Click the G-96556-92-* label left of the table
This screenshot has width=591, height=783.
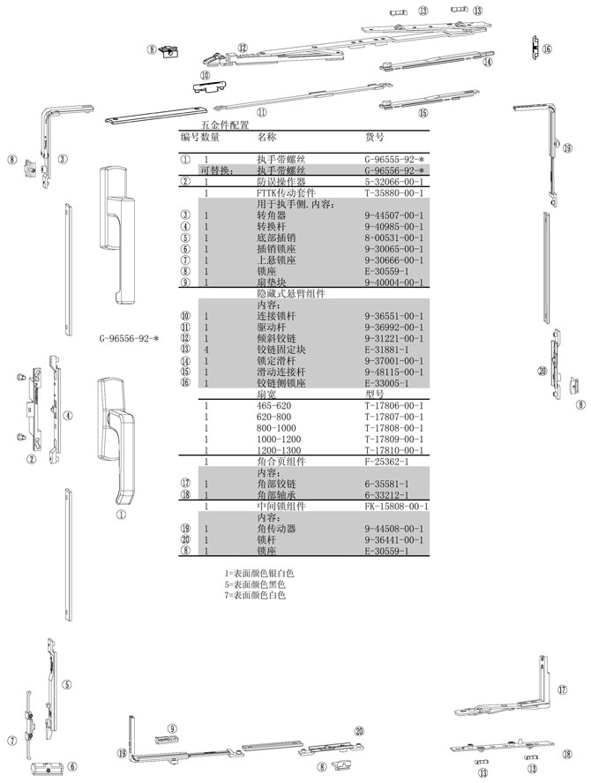point(130,338)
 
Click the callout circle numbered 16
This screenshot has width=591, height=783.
point(546,49)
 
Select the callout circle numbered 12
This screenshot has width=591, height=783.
point(243,48)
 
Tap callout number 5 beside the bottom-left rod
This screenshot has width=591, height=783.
point(67,684)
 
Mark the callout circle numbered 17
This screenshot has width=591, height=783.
point(562,689)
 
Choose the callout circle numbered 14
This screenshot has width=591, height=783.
point(487,62)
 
